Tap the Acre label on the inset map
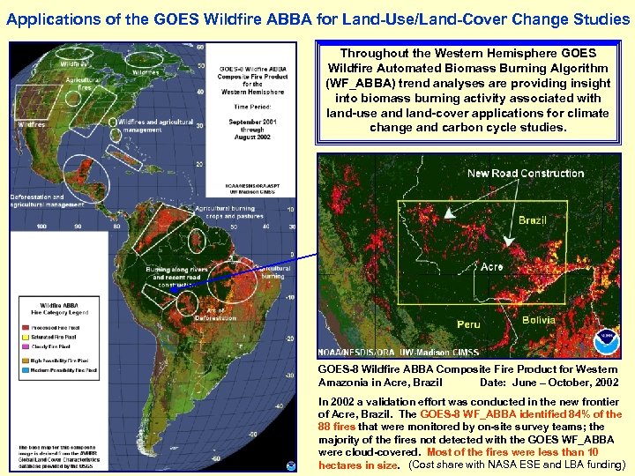pyautogui.click(x=492, y=267)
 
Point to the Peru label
pyautogui.click(x=468, y=324)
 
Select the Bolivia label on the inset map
pyautogui.click(x=538, y=320)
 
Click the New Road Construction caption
pyautogui.click(x=526, y=173)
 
